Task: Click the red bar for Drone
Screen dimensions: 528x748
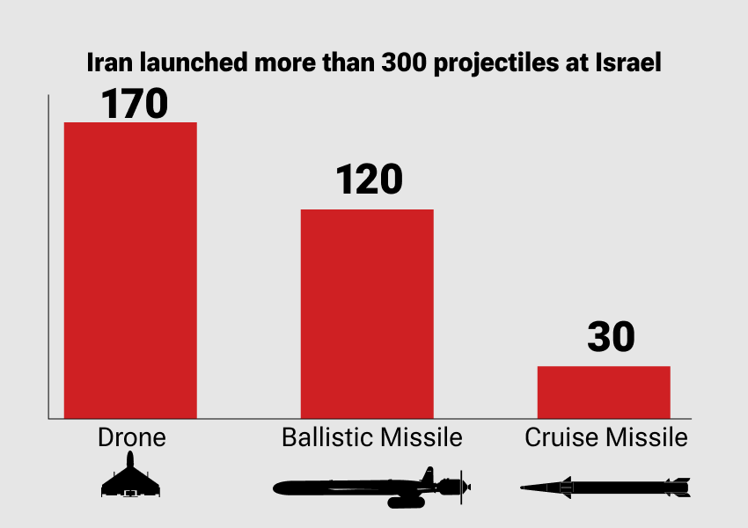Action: (130, 270)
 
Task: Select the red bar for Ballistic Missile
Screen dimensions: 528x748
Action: (367, 313)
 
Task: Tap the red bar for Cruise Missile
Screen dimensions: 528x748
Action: (604, 392)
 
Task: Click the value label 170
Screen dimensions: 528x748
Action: (134, 102)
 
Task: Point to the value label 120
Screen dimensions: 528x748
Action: (368, 180)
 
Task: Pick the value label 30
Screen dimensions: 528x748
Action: (611, 338)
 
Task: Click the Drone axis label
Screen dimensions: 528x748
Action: (131, 437)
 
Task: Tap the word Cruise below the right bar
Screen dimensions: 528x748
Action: (555, 437)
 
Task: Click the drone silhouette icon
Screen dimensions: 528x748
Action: (131, 477)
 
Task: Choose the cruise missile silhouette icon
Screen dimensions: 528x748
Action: (605, 486)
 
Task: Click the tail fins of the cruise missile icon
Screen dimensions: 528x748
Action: (678, 486)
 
